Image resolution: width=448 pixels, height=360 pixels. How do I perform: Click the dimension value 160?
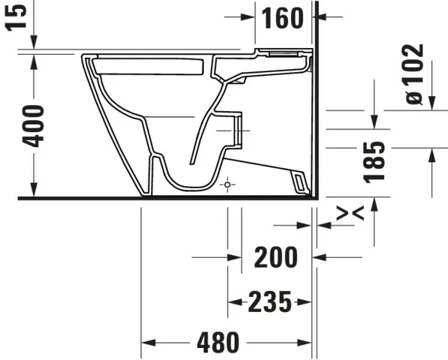(x=283, y=18)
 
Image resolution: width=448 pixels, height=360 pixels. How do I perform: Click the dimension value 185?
(x=374, y=161)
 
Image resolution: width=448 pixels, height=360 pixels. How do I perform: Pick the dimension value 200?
(x=275, y=257)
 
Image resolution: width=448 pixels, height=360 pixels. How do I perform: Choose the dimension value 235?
(x=269, y=302)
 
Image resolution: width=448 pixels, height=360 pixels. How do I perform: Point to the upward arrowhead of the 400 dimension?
(x=34, y=60)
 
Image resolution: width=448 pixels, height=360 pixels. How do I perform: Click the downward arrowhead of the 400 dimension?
(x=34, y=191)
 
